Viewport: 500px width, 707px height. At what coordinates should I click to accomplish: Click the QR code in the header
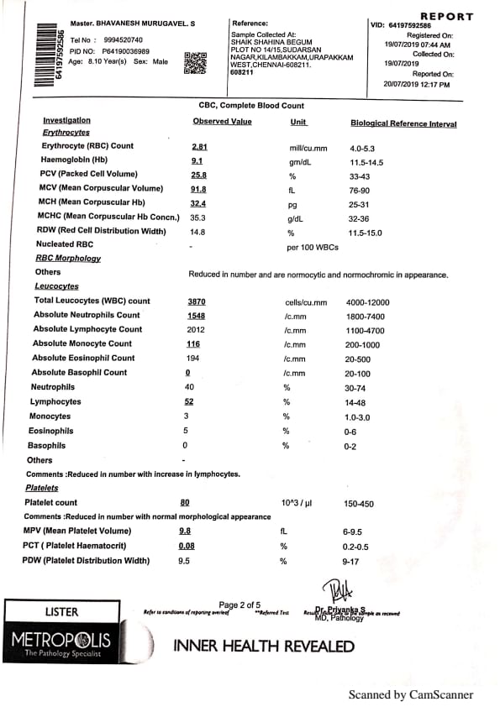195,63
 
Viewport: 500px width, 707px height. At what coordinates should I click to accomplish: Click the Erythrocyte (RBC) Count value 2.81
199,146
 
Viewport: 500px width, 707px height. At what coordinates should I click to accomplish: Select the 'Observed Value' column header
222,122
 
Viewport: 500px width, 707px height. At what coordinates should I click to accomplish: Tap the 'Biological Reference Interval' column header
403,123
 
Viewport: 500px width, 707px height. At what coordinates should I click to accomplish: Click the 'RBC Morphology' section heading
67,259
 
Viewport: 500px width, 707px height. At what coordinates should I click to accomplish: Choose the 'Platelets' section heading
42,488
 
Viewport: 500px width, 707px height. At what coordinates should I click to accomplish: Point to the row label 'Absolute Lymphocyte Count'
87,329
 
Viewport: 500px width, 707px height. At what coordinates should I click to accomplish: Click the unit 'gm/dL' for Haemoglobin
301,160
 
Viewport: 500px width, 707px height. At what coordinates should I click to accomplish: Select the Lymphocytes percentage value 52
189,401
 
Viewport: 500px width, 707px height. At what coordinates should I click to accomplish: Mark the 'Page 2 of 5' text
239,605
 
